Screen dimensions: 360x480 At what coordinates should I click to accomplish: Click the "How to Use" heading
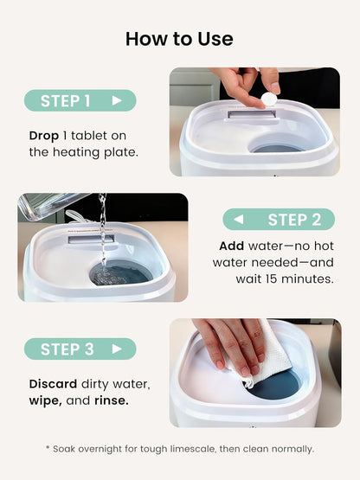[179, 39]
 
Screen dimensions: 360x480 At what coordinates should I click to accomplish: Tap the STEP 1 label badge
[80, 100]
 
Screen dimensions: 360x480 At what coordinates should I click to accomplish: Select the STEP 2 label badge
[279, 220]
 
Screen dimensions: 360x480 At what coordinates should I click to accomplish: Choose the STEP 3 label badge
[80, 349]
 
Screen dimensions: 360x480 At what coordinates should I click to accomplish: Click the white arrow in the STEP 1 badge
[117, 100]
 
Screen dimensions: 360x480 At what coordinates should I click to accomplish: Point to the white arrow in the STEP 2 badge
[239, 220]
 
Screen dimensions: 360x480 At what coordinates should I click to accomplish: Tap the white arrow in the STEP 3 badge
[117, 349]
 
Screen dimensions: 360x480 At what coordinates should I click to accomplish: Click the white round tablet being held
[269, 99]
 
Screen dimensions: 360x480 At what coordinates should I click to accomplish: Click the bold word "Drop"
[44, 137]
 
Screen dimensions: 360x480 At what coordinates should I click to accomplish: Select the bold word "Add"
[232, 246]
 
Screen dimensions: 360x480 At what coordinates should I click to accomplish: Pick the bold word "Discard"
[53, 384]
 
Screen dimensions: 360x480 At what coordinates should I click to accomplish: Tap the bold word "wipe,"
[46, 400]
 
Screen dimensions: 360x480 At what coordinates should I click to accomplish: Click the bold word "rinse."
[112, 400]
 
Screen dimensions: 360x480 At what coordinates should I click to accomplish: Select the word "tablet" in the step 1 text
[89, 136]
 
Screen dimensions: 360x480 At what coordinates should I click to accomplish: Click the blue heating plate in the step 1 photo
[277, 149]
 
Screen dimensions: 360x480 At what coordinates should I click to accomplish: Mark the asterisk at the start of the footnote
[48, 447]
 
